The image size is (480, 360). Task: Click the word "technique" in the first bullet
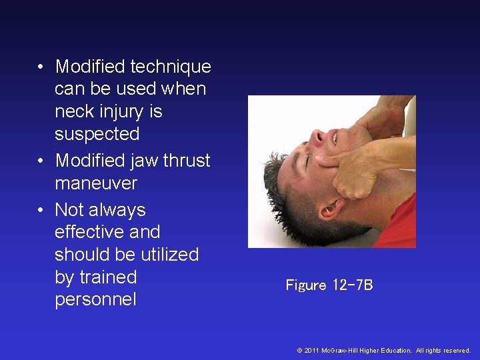tap(171, 67)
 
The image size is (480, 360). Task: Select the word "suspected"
tap(97, 134)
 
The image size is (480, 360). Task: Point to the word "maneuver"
tap(96, 183)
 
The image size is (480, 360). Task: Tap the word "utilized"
tap(165, 255)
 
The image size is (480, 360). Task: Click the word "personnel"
tap(95, 300)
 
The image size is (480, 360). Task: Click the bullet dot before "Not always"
tap(41, 211)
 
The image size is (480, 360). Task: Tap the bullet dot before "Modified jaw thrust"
tap(41, 161)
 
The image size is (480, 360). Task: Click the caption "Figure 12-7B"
tap(329, 285)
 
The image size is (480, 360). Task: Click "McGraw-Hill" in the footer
tap(339, 350)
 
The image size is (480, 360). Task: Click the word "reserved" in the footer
tap(456, 350)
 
